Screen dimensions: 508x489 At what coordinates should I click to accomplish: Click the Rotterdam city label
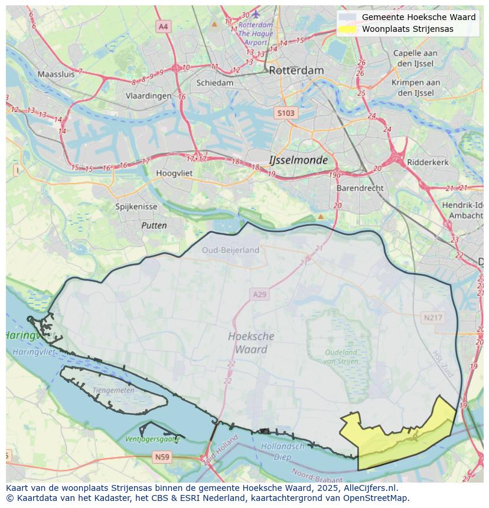coord(296,70)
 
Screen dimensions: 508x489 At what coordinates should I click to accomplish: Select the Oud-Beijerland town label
coord(230,250)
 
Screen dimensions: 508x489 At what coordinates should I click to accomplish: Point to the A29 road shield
coord(260,294)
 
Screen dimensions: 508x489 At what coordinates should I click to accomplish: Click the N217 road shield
coord(433,317)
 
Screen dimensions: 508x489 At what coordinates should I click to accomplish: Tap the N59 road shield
coord(161,457)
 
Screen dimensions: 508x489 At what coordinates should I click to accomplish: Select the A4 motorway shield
coord(163,27)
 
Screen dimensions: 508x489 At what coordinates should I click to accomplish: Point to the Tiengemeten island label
coord(113,390)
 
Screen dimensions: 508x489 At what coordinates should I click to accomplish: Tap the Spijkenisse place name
coord(136,207)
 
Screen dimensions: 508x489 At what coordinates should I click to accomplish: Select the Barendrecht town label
coord(360,188)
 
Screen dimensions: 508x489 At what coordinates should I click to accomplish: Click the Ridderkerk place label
coord(428,162)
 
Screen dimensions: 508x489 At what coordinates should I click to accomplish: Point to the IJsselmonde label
coord(298,160)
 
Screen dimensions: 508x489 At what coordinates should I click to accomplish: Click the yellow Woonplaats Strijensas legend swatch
coord(348,29)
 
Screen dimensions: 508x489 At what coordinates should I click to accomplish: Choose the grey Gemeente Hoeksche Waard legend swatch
coord(348,17)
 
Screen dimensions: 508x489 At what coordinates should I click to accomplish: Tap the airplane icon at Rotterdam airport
coord(256,14)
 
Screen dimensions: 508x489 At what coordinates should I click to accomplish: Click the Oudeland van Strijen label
coord(341,356)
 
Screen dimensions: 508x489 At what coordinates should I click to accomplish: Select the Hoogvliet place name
coord(175,173)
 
